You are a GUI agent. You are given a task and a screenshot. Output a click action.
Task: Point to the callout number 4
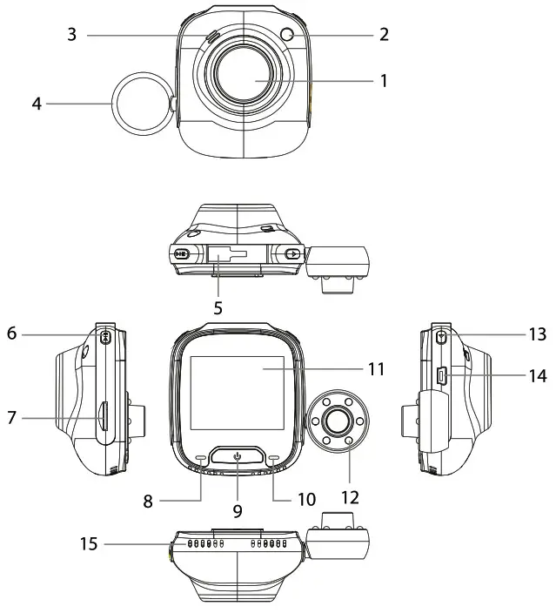(37, 104)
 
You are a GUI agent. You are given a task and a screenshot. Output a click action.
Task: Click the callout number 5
(218, 307)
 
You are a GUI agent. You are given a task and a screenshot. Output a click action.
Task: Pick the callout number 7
(11, 419)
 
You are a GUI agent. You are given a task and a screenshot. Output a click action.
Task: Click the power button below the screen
(237, 455)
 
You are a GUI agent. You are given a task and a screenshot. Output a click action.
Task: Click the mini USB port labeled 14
(441, 376)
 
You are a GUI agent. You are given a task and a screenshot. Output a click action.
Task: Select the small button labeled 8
(201, 457)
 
